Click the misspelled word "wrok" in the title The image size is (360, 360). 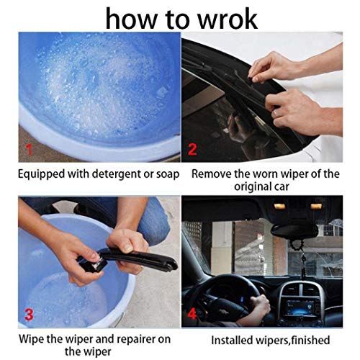(x=228, y=19)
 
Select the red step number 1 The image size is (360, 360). (x=29, y=149)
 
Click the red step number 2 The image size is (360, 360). (x=192, y=149)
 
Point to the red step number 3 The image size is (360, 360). (x=29, y=315)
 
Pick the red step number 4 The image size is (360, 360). (x=192, y=313)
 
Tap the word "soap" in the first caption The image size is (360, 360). (x=168, y=174)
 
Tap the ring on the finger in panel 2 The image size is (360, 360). (x=276, y=112)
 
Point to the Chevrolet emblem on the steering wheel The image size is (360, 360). (x=225, y=308)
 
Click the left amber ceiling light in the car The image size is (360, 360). (x=279, y=206)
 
